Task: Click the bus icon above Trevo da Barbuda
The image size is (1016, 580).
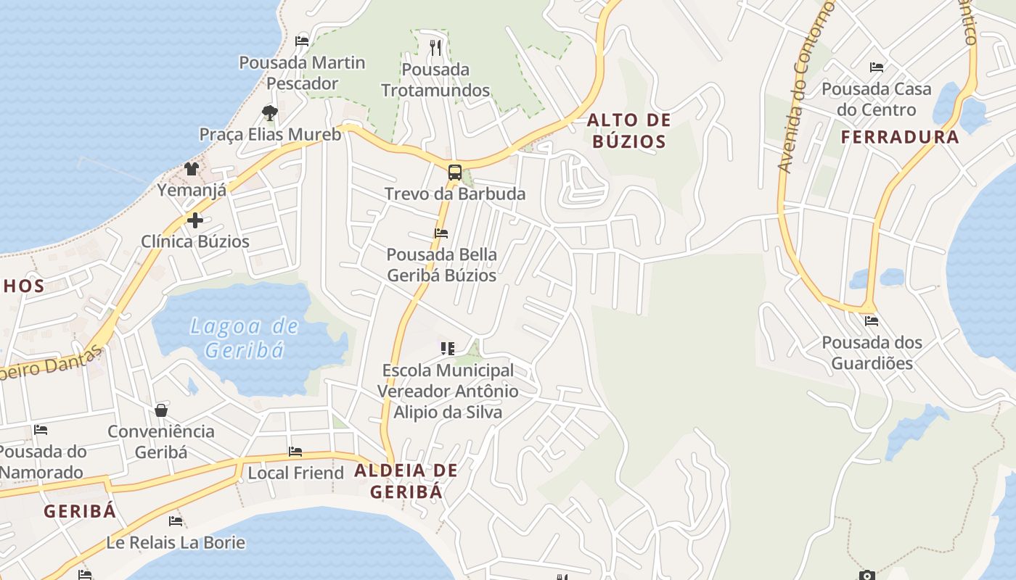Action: [x=455, y=173]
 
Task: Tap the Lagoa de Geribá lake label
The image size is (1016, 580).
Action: [x=244, y=338]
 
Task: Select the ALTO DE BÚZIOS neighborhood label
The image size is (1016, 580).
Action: [x=628, y=130]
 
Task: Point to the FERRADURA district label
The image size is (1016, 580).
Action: [x=900, y=137]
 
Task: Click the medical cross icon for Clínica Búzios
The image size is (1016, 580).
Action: [x=195, y=220]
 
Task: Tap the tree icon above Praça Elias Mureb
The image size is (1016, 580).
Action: [x=270, y=113]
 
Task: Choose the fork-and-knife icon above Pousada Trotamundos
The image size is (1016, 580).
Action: [x=435, y=48]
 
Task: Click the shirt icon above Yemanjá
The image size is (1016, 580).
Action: [x=191, y=169]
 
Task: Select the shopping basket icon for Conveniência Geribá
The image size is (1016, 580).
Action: [x=161, y=410]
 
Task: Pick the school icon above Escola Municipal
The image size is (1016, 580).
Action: [x=448, y=349]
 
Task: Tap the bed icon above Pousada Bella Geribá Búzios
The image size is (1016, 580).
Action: [x=441, y=233]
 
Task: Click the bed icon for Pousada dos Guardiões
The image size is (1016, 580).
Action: [x=872, y=320]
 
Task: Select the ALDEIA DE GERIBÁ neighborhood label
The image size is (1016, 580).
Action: [x=406, y=481]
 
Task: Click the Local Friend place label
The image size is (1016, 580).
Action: [x=295, y=473]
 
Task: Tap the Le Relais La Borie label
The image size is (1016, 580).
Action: [x=176, y=542]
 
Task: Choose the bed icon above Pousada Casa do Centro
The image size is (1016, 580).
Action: [x=877, y=67]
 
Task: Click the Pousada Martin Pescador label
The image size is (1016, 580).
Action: [x=302, y=73]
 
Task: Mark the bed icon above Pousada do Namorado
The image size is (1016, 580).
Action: [x=41, y=430]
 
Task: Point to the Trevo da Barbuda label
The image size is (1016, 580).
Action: [x=455, y=194]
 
